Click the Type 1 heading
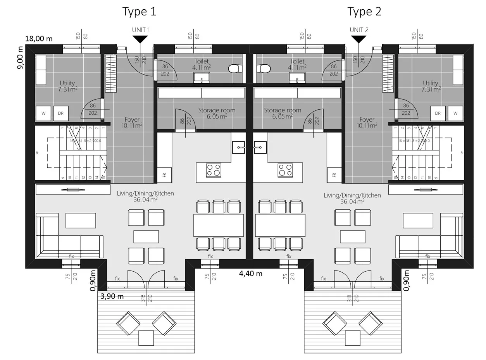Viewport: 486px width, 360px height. click(139, 12)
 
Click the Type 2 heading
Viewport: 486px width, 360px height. click(364, 12)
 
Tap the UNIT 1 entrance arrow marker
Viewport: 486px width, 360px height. click(140, 39)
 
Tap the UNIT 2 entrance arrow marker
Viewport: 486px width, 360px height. click(358, 39)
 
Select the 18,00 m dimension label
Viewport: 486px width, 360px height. click(39, 39)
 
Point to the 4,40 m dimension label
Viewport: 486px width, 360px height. click(250, 274)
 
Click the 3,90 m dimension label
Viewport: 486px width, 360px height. click(112, 296)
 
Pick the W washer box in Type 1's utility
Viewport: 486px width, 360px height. click(43, 113)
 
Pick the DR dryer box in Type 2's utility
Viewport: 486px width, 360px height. click(438, 113)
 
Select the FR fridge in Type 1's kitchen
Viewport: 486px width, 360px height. click(164, 175)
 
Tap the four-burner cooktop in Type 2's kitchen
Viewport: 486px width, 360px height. click(285, 170)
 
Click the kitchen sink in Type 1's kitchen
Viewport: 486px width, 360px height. click(239, 147)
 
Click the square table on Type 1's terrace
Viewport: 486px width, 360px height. click(146, 338)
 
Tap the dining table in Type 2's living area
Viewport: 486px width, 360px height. click(280, 225)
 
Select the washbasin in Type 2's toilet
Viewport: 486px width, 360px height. click(297, 78)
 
